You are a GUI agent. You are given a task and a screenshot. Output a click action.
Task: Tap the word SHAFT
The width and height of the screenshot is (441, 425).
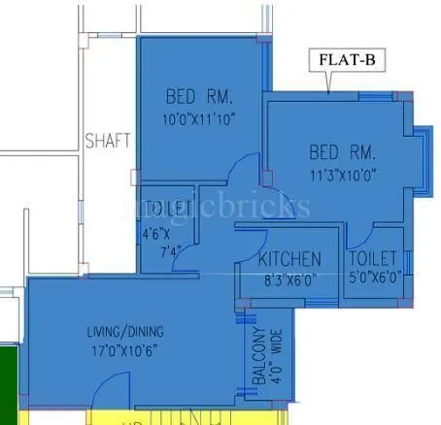pos(107,140)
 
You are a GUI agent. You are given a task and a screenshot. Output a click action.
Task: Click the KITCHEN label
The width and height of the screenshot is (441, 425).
pos(289,259)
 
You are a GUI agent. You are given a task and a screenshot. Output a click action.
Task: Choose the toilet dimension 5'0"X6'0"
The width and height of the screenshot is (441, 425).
pos(374,277)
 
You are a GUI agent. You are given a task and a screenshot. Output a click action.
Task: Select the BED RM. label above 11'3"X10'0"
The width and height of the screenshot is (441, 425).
pos(343,153)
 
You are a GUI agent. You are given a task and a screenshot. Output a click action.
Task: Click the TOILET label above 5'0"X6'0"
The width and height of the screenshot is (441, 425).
pos(374,258)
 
